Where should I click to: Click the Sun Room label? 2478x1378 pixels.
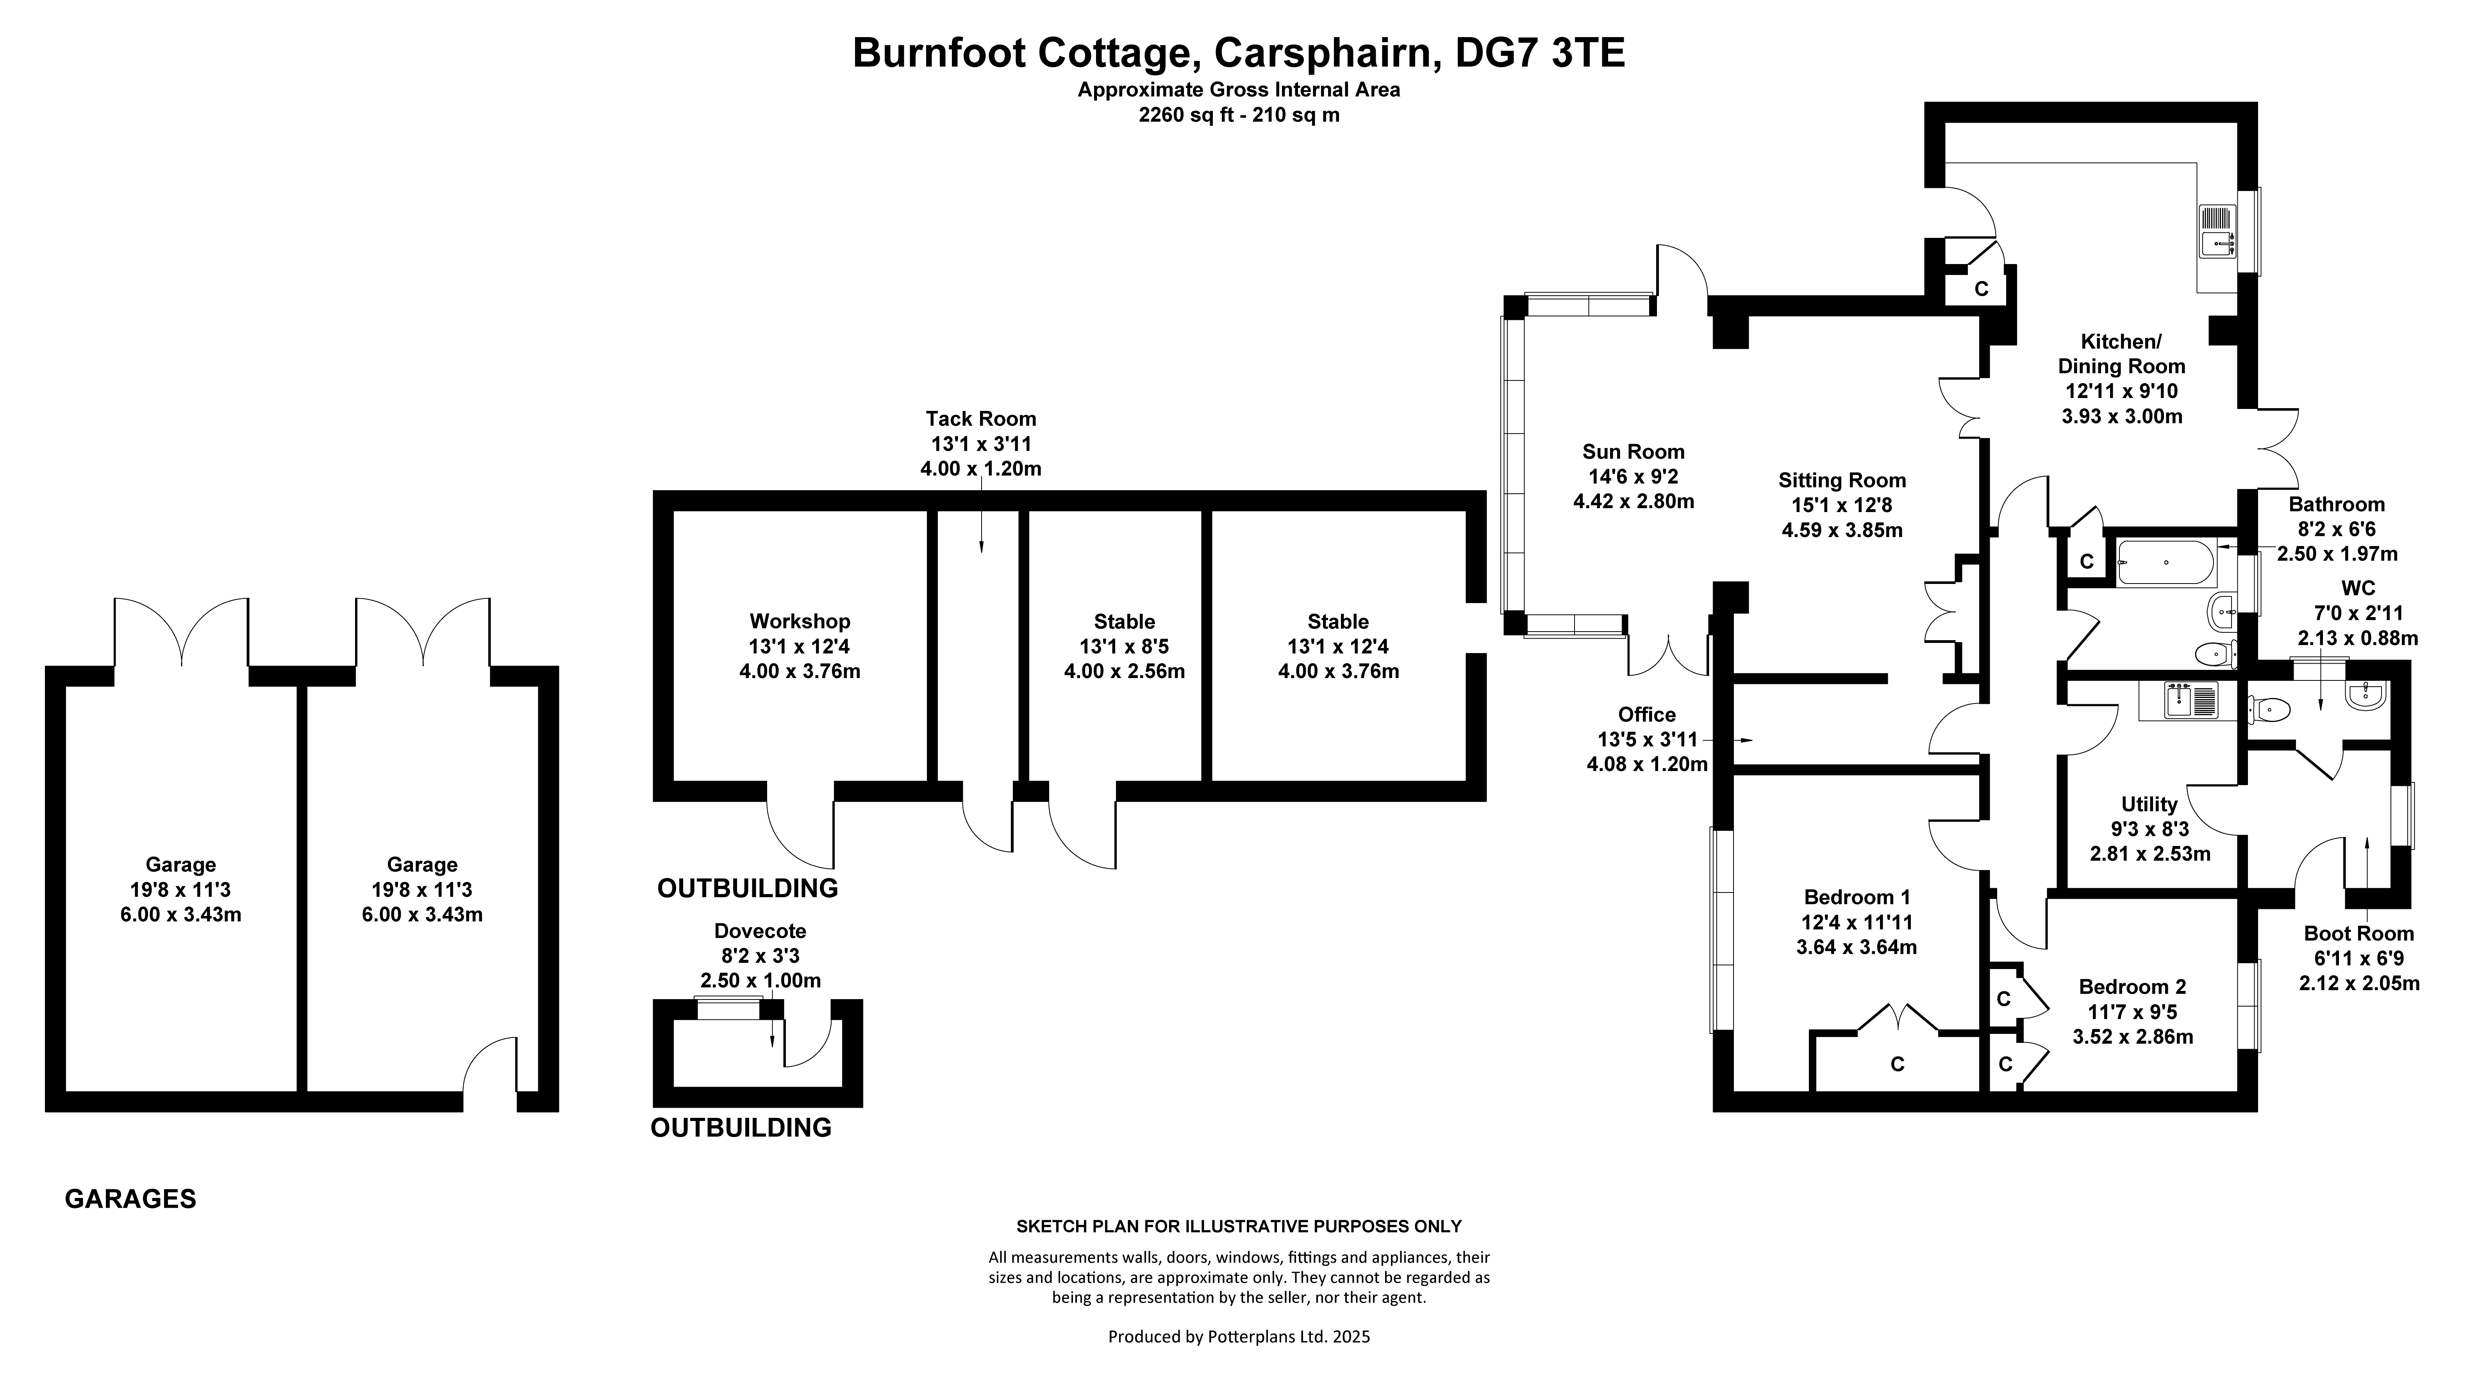tap(1634, 452)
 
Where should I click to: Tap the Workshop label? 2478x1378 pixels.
tap(800, 622)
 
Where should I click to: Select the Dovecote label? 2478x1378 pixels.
tap(760, 931)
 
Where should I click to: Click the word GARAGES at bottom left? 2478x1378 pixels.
tap(131, 1199)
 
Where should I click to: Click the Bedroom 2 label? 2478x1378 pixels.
tap(2133, 987)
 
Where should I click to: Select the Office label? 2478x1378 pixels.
tap(1647, 714)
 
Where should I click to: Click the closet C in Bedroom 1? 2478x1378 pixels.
tap(1897, 1064)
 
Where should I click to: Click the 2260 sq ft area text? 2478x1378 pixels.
tap(1239, 115)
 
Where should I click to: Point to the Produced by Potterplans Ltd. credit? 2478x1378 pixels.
tap(1239, 1337)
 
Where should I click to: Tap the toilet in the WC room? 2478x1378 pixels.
tap(2268, 710)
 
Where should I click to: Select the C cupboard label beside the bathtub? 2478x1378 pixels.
tap(2087, 562)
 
